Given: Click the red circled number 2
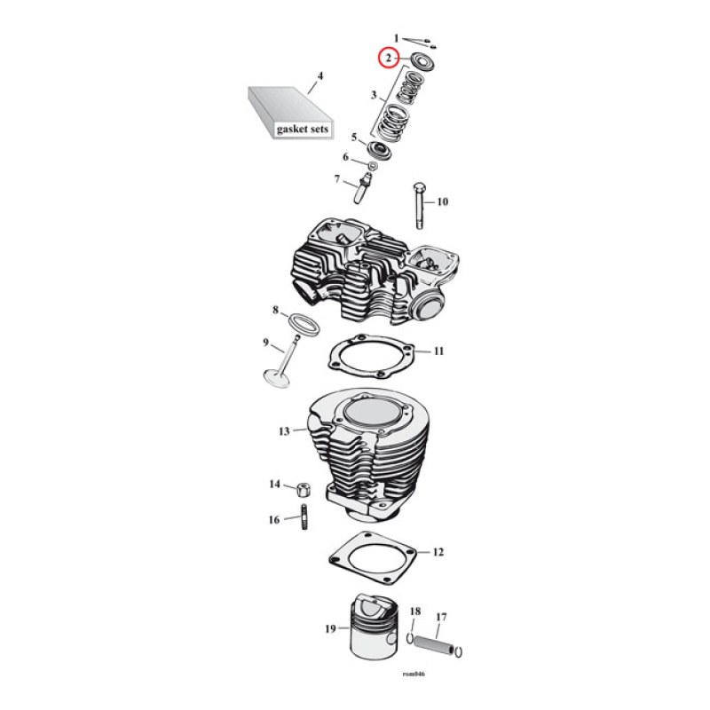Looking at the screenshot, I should (387, 58).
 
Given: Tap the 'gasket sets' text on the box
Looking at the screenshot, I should (302, 129).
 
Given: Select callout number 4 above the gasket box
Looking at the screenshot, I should (320, 75).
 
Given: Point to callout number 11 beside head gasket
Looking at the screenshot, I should (438, 352).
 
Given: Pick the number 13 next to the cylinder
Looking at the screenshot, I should (284, 431).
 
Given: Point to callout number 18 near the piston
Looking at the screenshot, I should (414, 611).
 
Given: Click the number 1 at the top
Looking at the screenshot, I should (397, 38).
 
